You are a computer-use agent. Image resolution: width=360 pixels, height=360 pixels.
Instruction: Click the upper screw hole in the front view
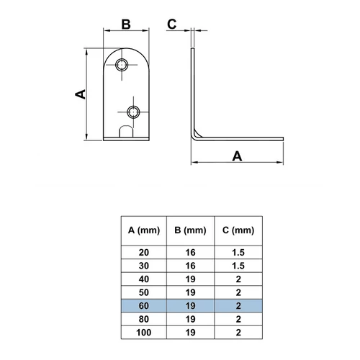pyautogui.click(x=122, y=65)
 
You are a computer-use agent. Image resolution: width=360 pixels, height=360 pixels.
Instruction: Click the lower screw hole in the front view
pyautogui.click(x=133, y=112)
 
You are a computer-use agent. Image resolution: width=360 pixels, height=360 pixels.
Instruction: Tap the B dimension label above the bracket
pyautogui.click(x=126, y=24)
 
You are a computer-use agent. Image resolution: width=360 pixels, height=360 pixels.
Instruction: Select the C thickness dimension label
pyautogui.click(x=172, y=24)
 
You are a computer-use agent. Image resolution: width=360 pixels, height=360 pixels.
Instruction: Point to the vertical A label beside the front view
pyautogui.click(x=81, y=94)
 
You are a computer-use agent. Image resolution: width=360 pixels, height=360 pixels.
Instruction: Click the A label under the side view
pyautogui.click(x=237, y=156)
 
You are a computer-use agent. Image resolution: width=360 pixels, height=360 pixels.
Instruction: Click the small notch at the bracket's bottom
pyautogui.click(x=126, y=132)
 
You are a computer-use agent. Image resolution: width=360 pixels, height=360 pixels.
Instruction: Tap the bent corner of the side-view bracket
pyautogui.click(x=196, y=135)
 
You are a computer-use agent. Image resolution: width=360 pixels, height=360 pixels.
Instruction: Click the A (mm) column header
pyautogui.click(x=144, y=230)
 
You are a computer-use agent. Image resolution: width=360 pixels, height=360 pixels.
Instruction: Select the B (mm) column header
pyautogui.click(x=190, y=230)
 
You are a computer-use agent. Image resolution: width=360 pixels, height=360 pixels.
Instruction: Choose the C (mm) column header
pyautogui.click(x=238, y=230)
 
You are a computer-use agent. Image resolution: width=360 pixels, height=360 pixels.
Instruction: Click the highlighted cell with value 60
pyautogui.click(x=144, y=306)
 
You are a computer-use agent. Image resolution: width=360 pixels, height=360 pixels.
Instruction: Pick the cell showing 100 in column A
pyautogui.click(x=144, y=333)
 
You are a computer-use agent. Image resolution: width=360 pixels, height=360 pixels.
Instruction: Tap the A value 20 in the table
pyautogui.click(x=144, y=253)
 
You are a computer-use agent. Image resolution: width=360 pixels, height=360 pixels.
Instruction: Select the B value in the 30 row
pyautogui.click(x=190, y=266)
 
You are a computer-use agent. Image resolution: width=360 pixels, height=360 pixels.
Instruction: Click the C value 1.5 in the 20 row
pyautogui.click(x=238, y=253)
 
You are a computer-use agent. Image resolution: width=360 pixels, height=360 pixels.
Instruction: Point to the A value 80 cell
pyautogui.click(x=144, y=319)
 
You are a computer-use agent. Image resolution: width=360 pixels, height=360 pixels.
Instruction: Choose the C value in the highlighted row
pyautogui.click(x=238, y=306)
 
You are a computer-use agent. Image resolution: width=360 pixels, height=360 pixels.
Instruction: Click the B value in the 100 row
pyautogui.click(x=190, y=333)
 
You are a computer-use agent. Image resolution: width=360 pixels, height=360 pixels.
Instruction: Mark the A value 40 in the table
pyautogui.click(x=144, y=279)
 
